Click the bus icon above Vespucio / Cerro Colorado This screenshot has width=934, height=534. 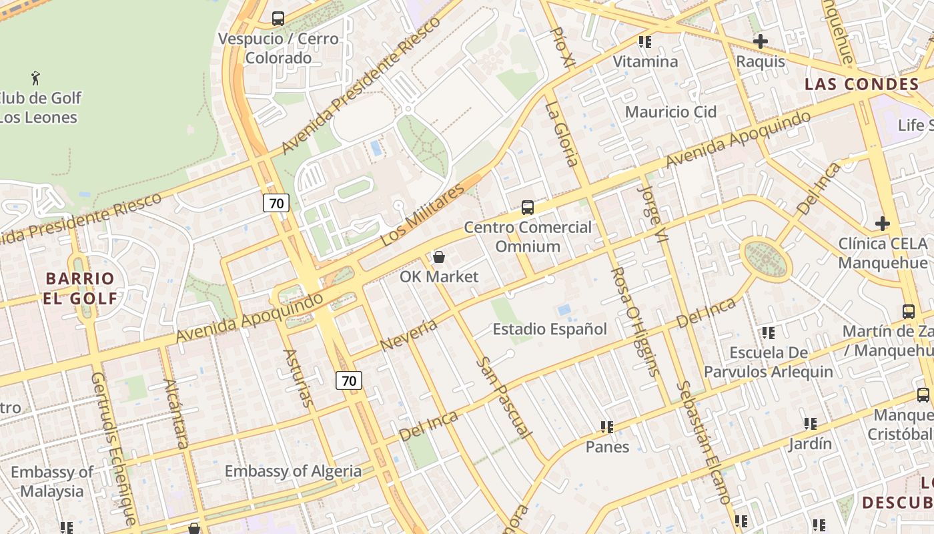pos(278,19)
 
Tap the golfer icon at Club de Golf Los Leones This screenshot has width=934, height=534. pos(36,78)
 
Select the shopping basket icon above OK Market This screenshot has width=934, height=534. pos(439,257)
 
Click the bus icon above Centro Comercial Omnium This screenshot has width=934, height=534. pos(528,208)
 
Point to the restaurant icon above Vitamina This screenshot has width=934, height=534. pos(645,42)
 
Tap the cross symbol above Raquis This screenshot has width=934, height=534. pos(760,41)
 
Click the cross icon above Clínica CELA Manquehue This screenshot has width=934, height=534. pos(883,223)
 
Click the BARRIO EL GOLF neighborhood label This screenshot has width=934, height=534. pos(80,288)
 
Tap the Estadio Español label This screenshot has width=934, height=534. pos(550,329)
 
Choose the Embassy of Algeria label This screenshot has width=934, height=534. pos(293,471)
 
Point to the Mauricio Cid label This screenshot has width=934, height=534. pos(670,111)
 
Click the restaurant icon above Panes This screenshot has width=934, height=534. pos(607,427)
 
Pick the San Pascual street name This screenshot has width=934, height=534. pos(504,398)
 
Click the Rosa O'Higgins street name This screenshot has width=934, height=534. pos(636,322)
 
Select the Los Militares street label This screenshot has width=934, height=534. pos(422,215)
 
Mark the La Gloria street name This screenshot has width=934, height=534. pos(561,133)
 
